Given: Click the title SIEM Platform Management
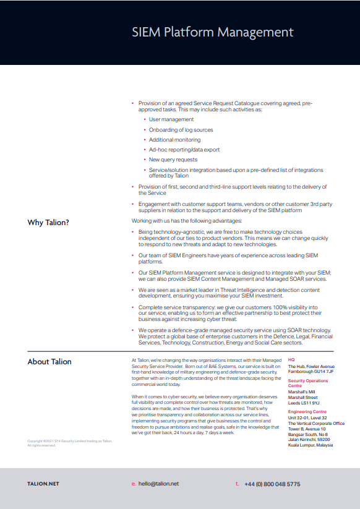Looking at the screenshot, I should click(212, 32).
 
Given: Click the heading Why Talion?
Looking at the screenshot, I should click(48, 223).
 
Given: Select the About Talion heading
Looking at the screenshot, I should click(49, 362).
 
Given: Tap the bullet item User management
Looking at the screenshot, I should click(171, 119).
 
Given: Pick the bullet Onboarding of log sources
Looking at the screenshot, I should click(181, 130).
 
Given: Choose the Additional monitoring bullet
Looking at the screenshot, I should click(174, 140).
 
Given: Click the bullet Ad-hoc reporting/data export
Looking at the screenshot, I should click(184, 150).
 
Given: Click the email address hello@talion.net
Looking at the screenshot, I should click(158, 484).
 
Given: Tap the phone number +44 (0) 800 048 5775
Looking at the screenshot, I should click(272, 484).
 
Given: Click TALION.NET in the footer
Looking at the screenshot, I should click(43, 484).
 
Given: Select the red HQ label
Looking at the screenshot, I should click(291, 359).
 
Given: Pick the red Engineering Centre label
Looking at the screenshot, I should click(308, 411).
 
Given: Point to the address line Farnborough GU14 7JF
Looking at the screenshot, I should click(311, 371).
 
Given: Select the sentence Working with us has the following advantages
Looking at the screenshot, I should click(187, 221).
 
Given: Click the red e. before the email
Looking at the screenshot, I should click(133, 484).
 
